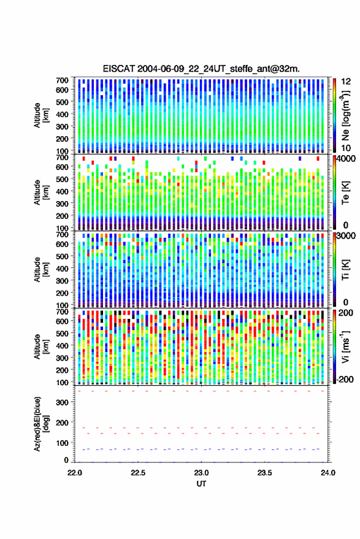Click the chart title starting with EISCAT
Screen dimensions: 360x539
[x=201, y=69]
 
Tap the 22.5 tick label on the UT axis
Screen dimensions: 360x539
[x=138, y=473]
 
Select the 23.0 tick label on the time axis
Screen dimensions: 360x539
[x=201, y=473]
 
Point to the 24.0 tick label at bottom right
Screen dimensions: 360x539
[x=327, y=473]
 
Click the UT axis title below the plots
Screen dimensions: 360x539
[x=201, y=484]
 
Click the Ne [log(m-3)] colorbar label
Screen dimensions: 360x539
[x=345, y=115]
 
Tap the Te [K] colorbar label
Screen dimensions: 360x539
[x=345, y=193]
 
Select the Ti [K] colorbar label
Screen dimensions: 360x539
[x=345, y=270]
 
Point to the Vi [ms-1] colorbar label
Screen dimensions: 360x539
[x=345, y=346]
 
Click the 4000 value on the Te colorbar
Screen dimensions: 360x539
[x=347, y=159]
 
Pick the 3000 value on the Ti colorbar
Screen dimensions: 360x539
[x=347, y=236]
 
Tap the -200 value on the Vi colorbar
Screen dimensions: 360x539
[x=345, y=379]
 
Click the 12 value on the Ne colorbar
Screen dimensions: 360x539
[x=347, y=82]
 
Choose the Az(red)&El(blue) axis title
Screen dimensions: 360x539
[x=41, y=424]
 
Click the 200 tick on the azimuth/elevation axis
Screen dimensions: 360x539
[x=62, y=423]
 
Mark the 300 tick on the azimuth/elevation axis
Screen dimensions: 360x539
[x=62, y=402]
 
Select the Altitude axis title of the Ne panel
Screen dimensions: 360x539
[x=41, y=115]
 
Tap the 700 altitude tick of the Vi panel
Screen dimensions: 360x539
[x=62, y=312]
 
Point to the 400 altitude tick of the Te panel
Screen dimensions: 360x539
[x=62, y=191]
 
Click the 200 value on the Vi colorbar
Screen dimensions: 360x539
[x=345, y=313]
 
